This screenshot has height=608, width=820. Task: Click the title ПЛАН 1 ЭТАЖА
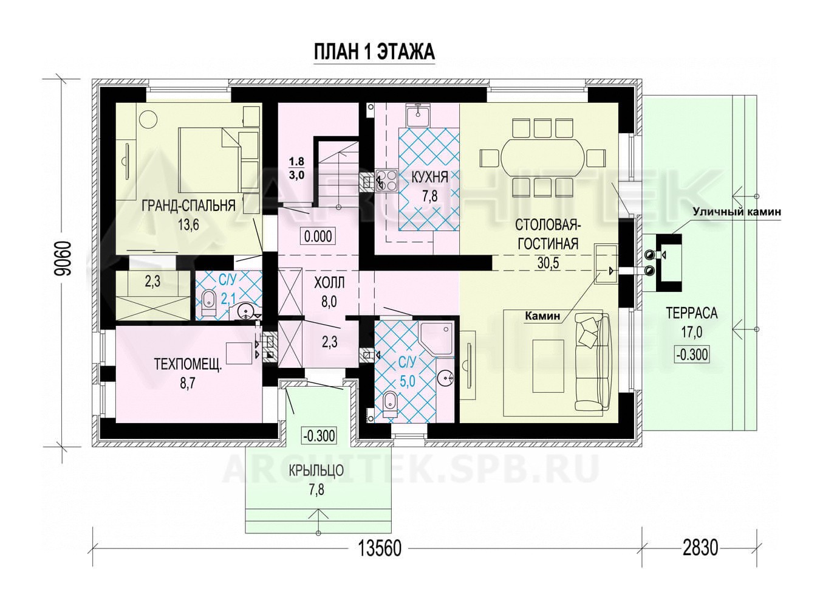tap(374, 52)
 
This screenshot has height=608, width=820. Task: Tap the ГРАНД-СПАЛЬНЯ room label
tap(188, 206)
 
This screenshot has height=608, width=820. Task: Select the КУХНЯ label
tap(429, 178)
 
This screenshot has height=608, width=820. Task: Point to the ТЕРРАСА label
tap(692, 313)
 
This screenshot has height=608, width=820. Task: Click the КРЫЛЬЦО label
tap(316, 471)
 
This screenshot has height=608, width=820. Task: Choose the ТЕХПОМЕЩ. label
tap(188, 365)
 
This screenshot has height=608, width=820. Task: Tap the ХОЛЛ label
tap(329, 283)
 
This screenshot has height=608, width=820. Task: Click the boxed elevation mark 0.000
tap(318, 236)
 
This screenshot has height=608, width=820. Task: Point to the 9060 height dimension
tap(62, 258)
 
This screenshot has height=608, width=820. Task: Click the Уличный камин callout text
tap(737, 212)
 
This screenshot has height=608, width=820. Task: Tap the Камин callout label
tap(542, 316)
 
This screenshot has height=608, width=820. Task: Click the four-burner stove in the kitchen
tap(386, 180)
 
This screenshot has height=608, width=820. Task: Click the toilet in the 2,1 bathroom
tap(209, 303)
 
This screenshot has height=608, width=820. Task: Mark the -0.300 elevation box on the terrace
tap(692, 354)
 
